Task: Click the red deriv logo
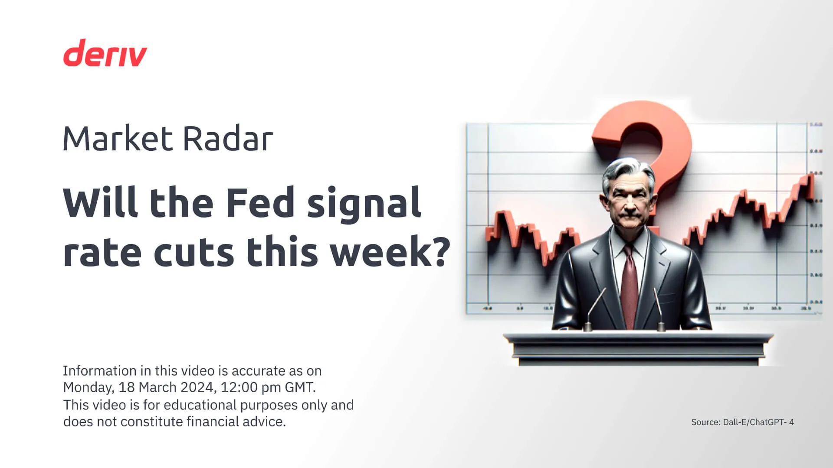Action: [x=105, y=53]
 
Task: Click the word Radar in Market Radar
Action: [x=228, y=139]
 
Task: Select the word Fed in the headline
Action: [x=260, y=203]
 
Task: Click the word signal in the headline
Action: [x=364, y=203]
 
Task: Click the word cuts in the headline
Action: [x=194, y=253]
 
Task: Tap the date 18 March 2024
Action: [x=167, y=387]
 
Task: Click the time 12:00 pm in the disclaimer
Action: [x=250, y=387]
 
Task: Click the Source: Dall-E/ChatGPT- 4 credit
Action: [x=742, y=422]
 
